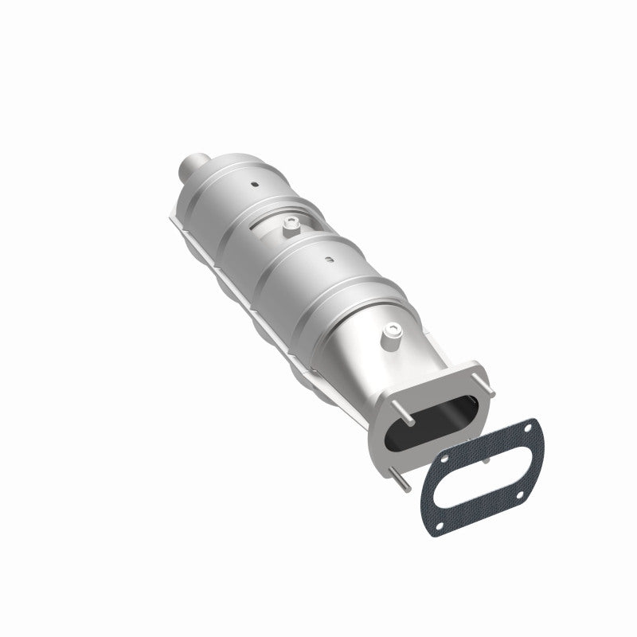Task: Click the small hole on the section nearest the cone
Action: [327, 259]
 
